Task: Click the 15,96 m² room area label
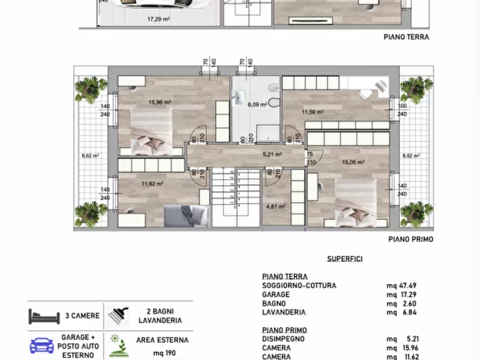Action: pyautogui.click(x=160, y=103)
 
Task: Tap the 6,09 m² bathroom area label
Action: pyautogui.click(x=257, y=105)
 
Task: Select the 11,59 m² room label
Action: pyautogui.click(x=312, y=112)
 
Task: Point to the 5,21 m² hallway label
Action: pyautogui.click(x=272, y=155)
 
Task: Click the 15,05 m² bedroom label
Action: pyautogui.click(x=354, y=162)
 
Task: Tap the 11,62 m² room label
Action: pyautogui.click(x=152, y=183)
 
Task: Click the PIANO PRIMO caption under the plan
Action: pyautogui.click(x=411, y=240)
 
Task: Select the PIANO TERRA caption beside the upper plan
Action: pyautogui.click(x=406, y=37)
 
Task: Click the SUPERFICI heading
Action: pyautogui.click(x=345, y=259)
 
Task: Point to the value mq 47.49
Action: pyautogui.click(x=402, y=286)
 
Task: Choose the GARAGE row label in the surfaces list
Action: pyautogui.click(x=276, y=294)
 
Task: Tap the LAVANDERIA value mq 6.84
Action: pyautogui.click(x=402, y=312)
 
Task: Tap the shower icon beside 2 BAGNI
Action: pyautogui.click(x=118, y=316)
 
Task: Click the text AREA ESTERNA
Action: pyautogui.click(x=162, y=340)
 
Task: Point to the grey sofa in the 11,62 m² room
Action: pyautogui.click(x=186, y=215)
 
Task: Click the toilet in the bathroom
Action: pyautogui.click(x=274, y=102)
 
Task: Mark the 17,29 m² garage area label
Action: pyautogui.click(x=159, y=19)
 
